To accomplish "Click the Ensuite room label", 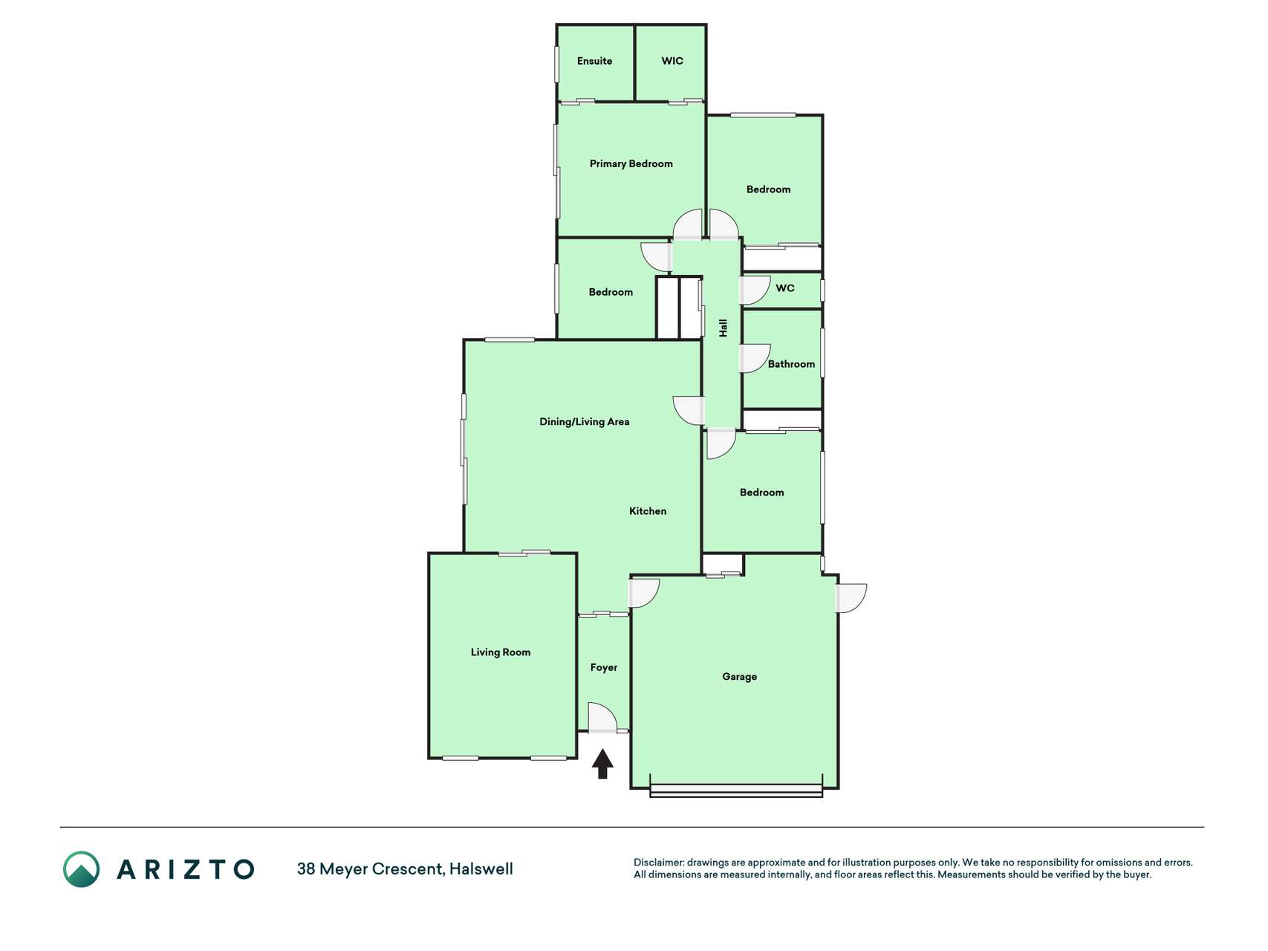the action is click(x=594, y=61).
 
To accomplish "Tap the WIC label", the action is click(x=672, y=61).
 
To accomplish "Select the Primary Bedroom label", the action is click(x=631, y=163).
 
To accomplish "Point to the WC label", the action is click(x=785, y=288).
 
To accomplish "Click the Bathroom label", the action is click(x=791, y=364).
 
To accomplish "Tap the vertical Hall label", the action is click(x=723, y=328).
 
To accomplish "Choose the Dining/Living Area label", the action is click(x=584, y=422).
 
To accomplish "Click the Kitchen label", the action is click(x=648, y=511).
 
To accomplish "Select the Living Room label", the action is click(x=501, y=652).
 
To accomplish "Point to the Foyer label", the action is click(x=604, y=668).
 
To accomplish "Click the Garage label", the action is click(x=740, y=677).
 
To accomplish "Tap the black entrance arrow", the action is click(x=602, y=764).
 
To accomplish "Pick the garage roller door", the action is click(x=736, y=791).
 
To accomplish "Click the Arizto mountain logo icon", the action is click(x=81, y=869).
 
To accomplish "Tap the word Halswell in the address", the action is click(x=481, y=869).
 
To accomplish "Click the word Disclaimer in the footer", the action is click(x=659, y=863).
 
